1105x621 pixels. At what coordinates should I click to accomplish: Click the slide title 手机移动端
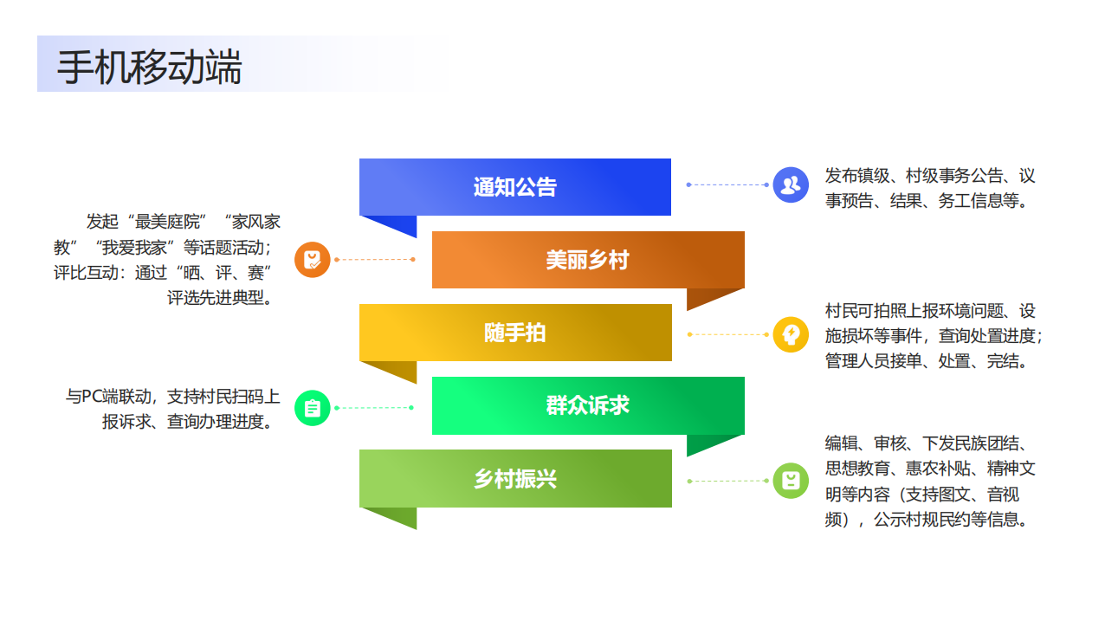[149, 68]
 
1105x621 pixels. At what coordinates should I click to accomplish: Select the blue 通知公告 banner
[514, 187]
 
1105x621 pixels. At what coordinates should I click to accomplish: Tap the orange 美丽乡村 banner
[587, 260]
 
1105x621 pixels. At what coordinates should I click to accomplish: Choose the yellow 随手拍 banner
[514, 333]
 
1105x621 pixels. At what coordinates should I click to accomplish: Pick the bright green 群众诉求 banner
[587, 405]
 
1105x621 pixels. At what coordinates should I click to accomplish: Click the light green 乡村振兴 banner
[514, 478]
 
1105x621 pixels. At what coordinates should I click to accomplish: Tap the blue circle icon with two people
[790, 184]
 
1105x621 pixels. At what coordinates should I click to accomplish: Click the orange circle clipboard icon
[313, 259]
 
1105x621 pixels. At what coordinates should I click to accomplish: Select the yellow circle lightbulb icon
[790, 333]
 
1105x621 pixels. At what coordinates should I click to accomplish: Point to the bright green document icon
[313, 407]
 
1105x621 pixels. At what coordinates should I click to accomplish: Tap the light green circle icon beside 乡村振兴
[790, 481]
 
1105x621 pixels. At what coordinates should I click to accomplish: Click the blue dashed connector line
[727, 184]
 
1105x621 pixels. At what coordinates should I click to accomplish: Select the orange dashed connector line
[374, 259]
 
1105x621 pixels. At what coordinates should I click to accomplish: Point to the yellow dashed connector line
[727, 333]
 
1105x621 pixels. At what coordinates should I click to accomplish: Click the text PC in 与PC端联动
[92, 397]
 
